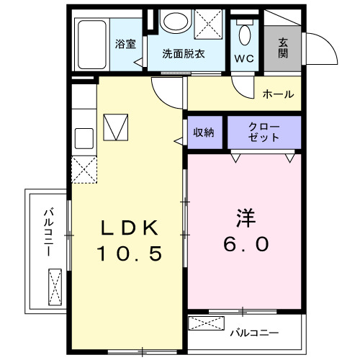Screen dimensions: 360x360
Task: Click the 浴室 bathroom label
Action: pos(125,44)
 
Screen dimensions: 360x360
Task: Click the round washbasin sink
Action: pos(174,21)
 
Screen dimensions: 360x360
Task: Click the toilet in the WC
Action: pos(243,32)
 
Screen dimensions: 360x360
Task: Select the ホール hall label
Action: pos(277,94)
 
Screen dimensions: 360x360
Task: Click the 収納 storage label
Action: pos(204,132)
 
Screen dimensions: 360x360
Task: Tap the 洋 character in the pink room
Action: pos(243,217)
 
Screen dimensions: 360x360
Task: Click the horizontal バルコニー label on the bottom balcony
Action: pos(253,333)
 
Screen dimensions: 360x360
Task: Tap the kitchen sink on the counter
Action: pos(83,137)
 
